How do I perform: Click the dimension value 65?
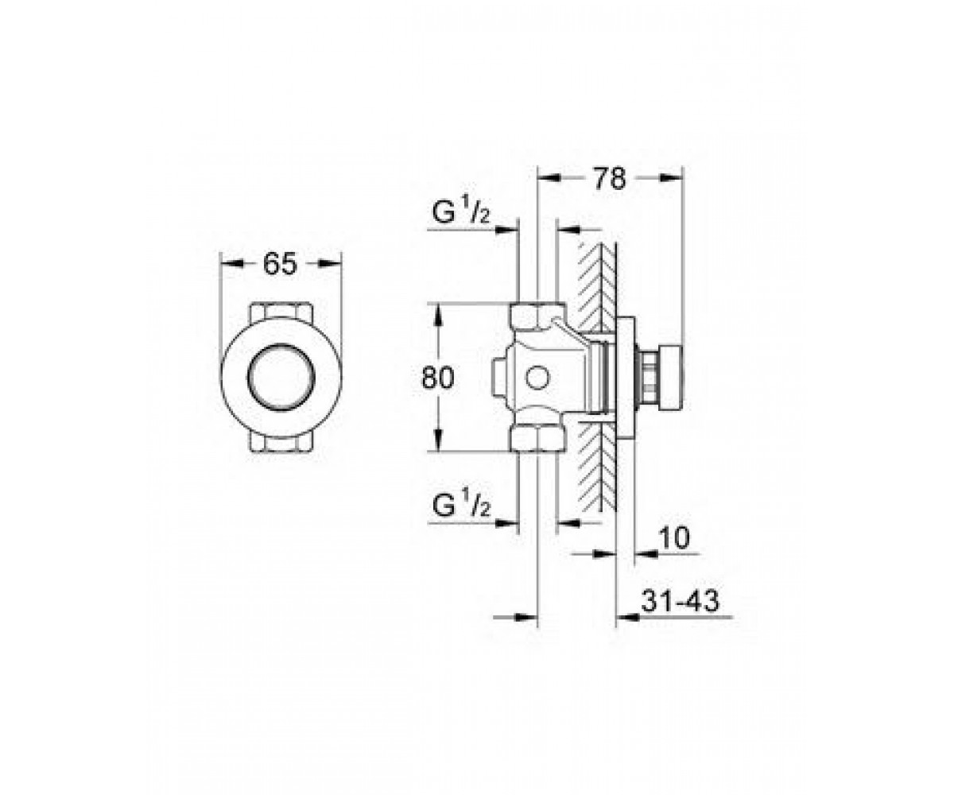280,264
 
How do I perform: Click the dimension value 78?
610,179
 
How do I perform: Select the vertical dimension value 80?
438,378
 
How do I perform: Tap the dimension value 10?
674,537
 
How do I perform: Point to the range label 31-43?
680,601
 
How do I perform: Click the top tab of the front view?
281,311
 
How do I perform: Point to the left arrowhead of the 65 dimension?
231,264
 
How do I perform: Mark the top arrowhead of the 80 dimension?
438,316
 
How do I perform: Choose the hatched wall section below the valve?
597,466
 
